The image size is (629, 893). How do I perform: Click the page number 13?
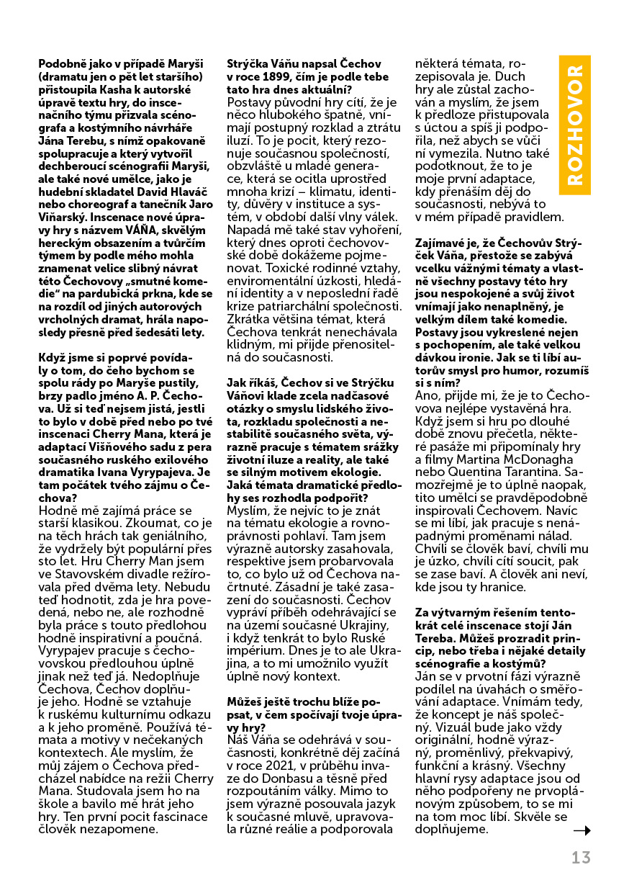click(x=581, y=858)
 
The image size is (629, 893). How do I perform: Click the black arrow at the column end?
click(x=582, y=830)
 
